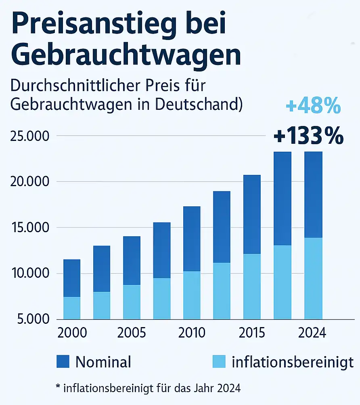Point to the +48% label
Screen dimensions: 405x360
(313, 107)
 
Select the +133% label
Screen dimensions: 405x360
(308, 136)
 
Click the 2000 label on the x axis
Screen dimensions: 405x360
(72, 334)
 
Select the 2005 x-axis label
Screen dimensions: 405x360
(132, 334)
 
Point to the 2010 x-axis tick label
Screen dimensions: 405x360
(192, 334)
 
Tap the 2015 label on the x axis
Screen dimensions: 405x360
(252, 334)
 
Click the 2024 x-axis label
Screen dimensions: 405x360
(312, 334)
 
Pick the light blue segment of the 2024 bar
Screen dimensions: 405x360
(313, 278)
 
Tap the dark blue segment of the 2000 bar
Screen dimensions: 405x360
(72, 278)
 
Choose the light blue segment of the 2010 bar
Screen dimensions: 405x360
(192, 295)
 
